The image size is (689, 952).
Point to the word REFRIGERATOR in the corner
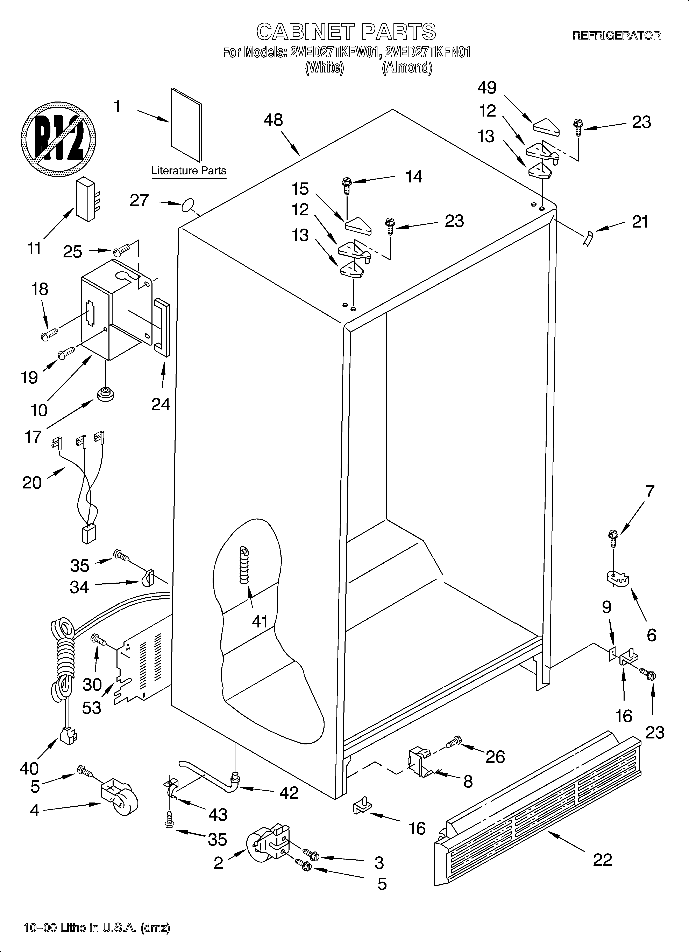click(616, 36)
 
